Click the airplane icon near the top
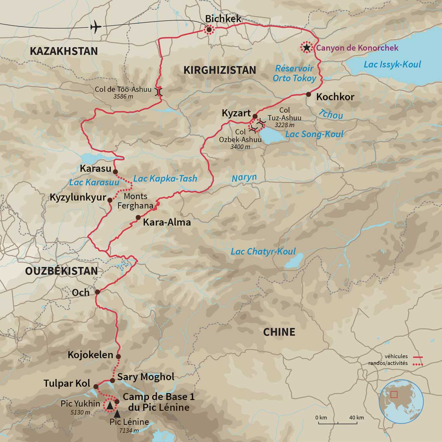pos(95,27)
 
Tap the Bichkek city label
pos(223,18)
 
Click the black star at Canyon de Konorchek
pos(307,47)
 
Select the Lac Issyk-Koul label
pos(392,64)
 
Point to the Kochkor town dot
pos(308,94)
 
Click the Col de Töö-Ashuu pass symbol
pos(159,92)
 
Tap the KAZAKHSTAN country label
pos(64,51)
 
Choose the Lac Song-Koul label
pos(314,134)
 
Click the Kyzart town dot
pos(255,116)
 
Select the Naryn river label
pos(244,178)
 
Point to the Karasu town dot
pos(115,171)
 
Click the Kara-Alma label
pos(167,223)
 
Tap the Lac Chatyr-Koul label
pos(263,252)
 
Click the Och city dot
pos(97,292)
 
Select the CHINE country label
pos(279,332)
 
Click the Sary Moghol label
pos(145,377)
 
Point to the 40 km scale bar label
pos(356,418)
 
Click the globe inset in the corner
pos(401,401)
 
